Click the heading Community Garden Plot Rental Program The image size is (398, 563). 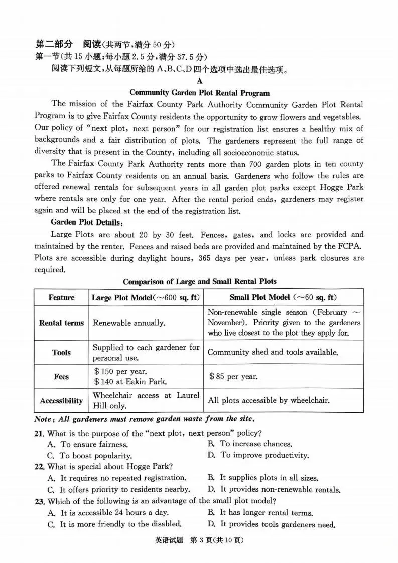coord(199,93)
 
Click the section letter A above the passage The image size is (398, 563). coord(199,81)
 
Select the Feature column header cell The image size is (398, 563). coord(61,298)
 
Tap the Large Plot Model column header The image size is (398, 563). coord(146,298)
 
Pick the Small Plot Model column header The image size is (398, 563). coord(283,298)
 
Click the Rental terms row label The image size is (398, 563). coord(61,323)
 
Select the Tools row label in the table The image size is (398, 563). coord(61,353)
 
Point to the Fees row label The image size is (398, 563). coord(61,377)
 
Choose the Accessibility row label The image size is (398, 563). coord(61,401)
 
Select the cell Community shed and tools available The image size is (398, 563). coord(273,353)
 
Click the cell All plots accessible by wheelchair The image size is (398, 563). coord(269,401)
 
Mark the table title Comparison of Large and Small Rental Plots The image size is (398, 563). coord(199,281)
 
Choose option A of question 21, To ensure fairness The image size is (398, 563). coord(88,444)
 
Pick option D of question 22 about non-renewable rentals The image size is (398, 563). coord(274,489)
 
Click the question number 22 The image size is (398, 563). coord(40,467)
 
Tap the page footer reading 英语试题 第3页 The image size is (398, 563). coord(199,541)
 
